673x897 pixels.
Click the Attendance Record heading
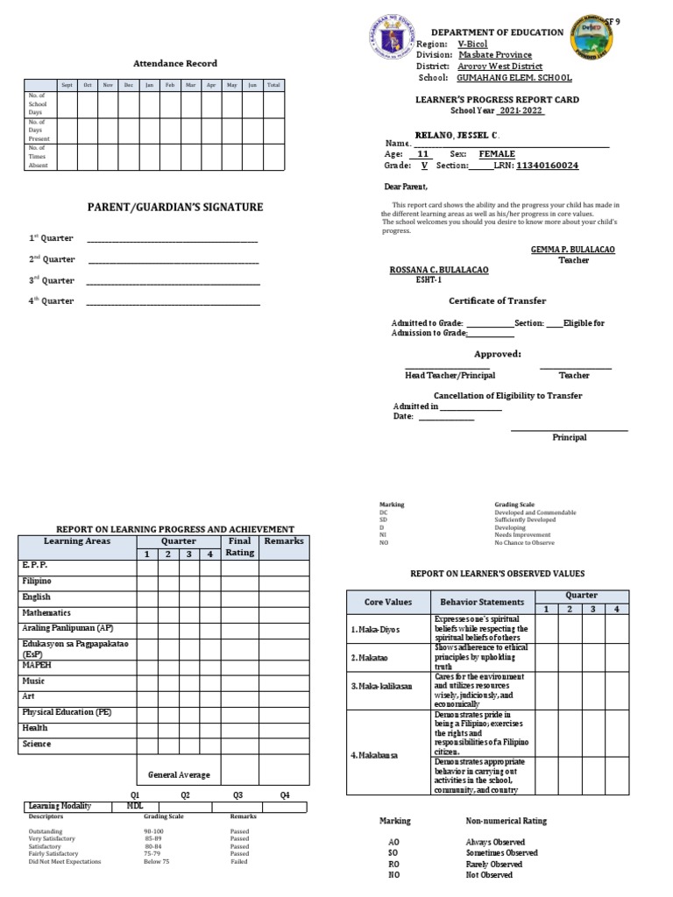pos(174,64)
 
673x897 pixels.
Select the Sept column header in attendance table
pos(66,85)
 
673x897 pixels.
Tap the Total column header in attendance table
pos(273,85)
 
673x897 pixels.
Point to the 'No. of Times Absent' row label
pos(39,157)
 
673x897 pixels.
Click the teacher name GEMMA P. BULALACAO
pos(573,250)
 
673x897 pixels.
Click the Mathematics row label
pos(47,613)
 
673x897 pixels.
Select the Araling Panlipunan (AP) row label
pos(67,629)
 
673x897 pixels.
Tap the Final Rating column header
pos(239,547)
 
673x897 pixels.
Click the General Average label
pos(179,775)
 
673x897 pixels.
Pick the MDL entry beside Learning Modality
pos(135,805)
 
